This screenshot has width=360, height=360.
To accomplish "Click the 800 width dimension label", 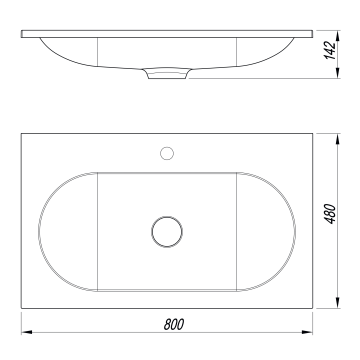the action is tap(174, 324).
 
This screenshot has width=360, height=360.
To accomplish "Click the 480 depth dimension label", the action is tap(331, 214).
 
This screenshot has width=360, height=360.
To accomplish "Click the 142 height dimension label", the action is tap(330, 50).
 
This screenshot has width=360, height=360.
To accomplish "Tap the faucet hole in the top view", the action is tap(167, 153).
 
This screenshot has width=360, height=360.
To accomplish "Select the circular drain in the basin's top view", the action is tap(167, 232).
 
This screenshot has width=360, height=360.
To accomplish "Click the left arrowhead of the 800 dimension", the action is tap(27, 332).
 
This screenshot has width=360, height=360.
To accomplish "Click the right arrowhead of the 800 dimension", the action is tap(307, 332).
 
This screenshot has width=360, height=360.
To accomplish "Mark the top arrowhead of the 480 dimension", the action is tap(338, 139).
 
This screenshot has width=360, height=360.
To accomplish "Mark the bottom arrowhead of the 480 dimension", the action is tap(338, 303).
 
